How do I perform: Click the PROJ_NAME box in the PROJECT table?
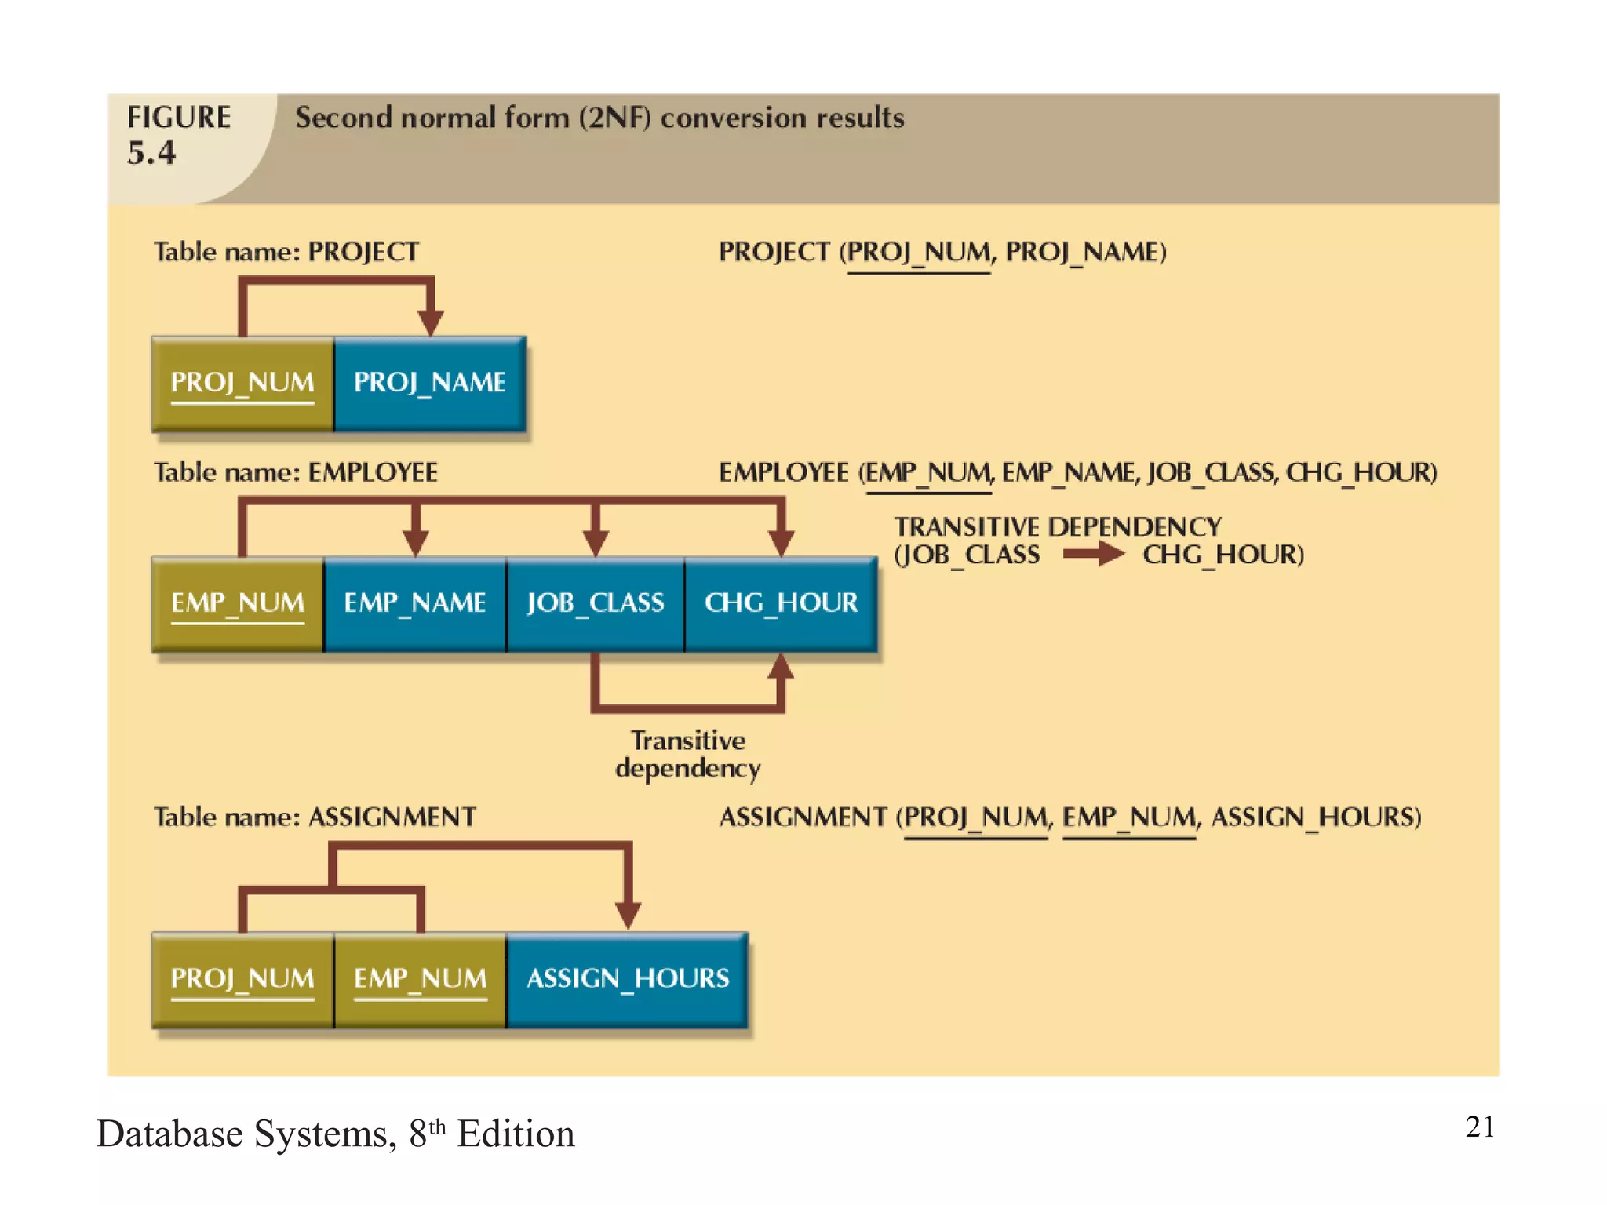click(429, 384)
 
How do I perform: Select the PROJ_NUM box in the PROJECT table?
click(242, 384)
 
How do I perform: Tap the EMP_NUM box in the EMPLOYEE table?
click(238, 604)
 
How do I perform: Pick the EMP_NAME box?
click(415, 604)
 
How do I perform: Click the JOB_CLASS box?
click(596, 604)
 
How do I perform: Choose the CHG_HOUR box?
click(781, 604)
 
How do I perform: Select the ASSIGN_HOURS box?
click(628, 980)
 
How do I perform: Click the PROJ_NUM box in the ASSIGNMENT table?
click(242, 980)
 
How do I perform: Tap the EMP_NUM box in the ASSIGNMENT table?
click(421, 980)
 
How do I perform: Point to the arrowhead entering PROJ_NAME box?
click(430, 322)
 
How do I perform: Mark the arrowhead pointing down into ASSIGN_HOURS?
click(628, 915)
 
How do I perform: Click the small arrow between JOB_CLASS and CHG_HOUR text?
click(1093, 554)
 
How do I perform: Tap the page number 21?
click(1480, 1127)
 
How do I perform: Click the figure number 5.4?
click(151, 153)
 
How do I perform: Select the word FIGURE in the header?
click(179, 118)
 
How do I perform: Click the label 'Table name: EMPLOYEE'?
click(295, 472)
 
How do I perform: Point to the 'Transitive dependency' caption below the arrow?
click(688, 754)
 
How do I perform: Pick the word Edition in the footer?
click(516, 1134)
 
